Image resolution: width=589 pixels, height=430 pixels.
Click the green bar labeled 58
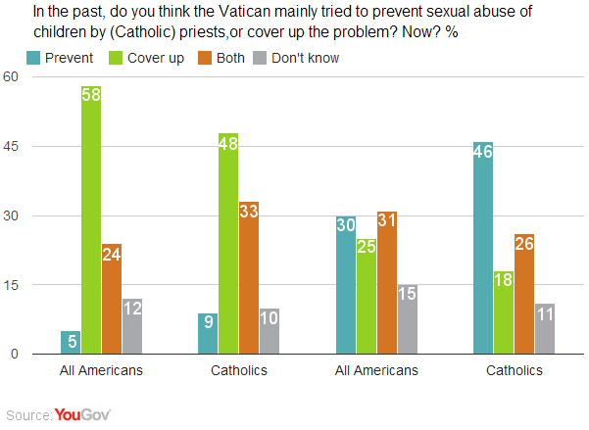click(91, 220)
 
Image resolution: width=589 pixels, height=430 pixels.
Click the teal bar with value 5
click(71, 342)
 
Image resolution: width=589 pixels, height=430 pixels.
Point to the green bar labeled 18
click(503, 312)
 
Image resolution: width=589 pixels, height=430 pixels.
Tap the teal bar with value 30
click(345, 285)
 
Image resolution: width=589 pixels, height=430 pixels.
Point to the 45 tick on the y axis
click(13, 147)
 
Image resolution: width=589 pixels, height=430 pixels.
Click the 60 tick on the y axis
click(13, 77)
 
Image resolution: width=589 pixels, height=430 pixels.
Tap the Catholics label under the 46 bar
click(514, 370)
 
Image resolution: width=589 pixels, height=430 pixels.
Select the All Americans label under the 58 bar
click(102, 370)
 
